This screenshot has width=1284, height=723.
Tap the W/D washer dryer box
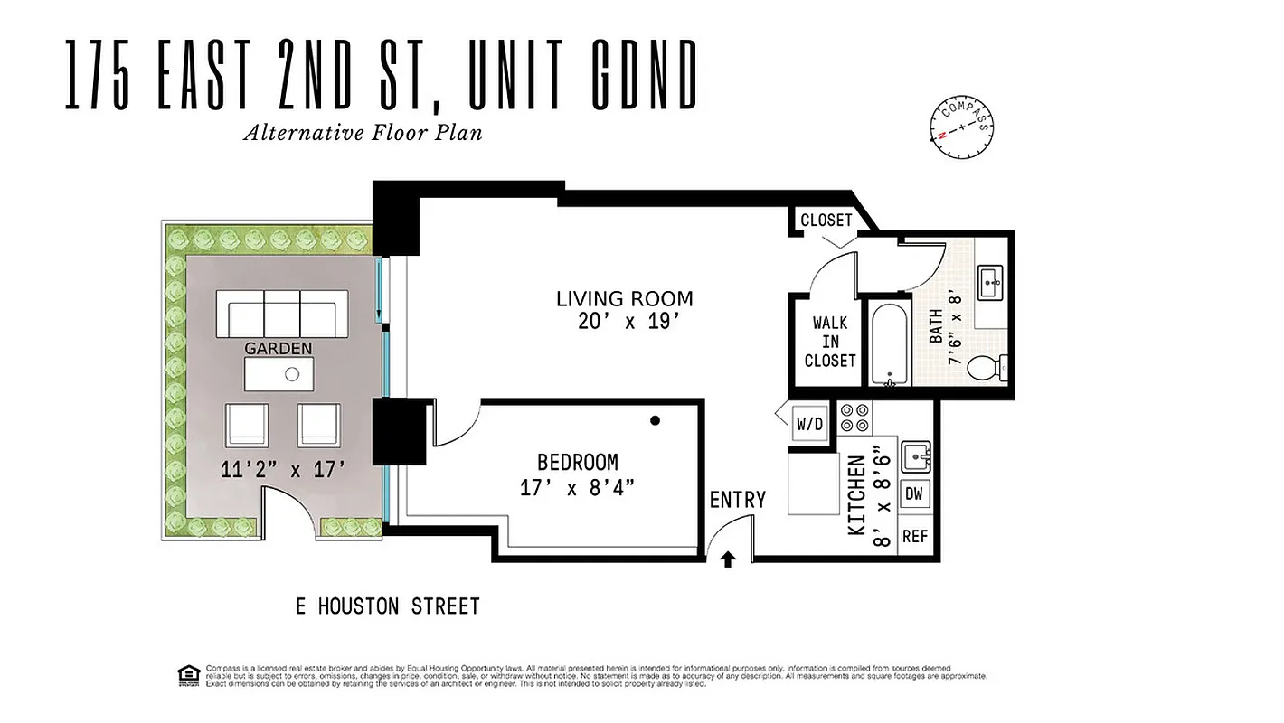pyautogui.click(x=810, y=423)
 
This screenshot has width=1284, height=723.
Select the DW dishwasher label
pyautogui.click(x=914, y=494)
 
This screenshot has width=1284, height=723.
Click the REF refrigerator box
pyautogui.click(x=914, y=536)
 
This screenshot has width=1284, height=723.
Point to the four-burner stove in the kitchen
pyautogui.click(x=854, y=417)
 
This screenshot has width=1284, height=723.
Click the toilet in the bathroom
pyautogui.click(x=985, y=368)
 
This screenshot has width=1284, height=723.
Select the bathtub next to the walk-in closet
pyautogui.click(x=891, y=343)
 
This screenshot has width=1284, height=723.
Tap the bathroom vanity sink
pyautogui.click(x=992, y=282)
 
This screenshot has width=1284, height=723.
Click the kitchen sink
pyautogui.click(x=915, y=456)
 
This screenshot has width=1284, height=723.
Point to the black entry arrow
pyautogui.click(x=728, y=560)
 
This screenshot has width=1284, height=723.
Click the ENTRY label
pyautogui.click(x=737, y=500)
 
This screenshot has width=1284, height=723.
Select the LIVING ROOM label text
pyautogui.click(x=624, y=298)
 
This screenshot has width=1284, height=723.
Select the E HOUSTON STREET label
pyautogui.click(x=387, y=606)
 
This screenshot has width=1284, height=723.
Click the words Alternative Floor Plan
pyautogui.click(x=362, y=133)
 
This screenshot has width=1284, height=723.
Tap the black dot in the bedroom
pyautogui.click(x=655, y=420)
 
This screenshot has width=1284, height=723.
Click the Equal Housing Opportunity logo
pyautogui.click(x=189, y=674)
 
